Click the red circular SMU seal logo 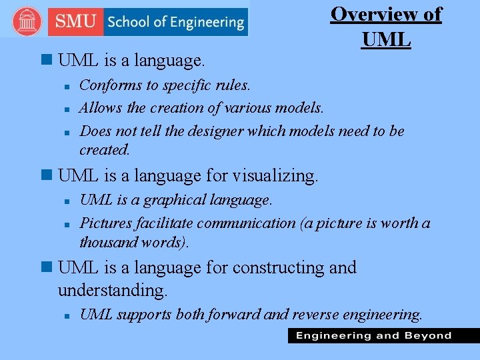pos(27,22)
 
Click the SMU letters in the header pos(75,22)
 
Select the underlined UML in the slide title pos(387,39)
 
